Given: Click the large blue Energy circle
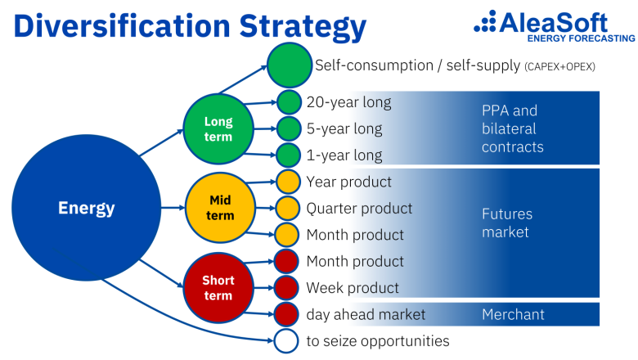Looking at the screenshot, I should click(x=86, y=208).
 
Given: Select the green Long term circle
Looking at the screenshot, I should click(x=218, y=129).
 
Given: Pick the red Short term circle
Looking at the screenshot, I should click(x=218, y=287).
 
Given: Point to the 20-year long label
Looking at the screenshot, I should click(x=348, y=102).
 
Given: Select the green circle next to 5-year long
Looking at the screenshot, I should click(x=289, y=128).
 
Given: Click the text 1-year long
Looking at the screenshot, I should click(x=344, y=155).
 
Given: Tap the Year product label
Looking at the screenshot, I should click(x=349, y=182).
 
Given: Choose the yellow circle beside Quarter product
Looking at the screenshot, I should click(x=288, y=208).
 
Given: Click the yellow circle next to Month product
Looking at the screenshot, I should click(x=288, y=235).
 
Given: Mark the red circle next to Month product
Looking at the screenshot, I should click(x=286, y=262).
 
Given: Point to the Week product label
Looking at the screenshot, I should click(x=353, y=288).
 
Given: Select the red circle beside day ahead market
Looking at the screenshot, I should click(x=286, y=314).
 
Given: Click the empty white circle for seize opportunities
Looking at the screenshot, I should click(x=286, y=340).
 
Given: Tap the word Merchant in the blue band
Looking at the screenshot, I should click(x=513, y=314).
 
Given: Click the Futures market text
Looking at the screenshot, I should click(x=507, y=223).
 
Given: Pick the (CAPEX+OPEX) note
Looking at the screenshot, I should click(x=559, y=66).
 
